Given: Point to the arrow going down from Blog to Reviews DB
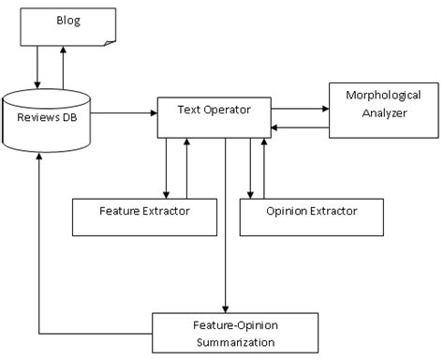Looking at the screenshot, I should (x=38, y=68).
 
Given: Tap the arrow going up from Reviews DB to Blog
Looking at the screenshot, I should (x=64, y=68).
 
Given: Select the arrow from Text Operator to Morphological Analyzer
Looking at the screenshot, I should (x=299, y=108).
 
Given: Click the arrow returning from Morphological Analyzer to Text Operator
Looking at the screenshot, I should (x=299, y=125).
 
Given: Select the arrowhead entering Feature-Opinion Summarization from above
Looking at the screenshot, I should (x=225, y=307).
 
